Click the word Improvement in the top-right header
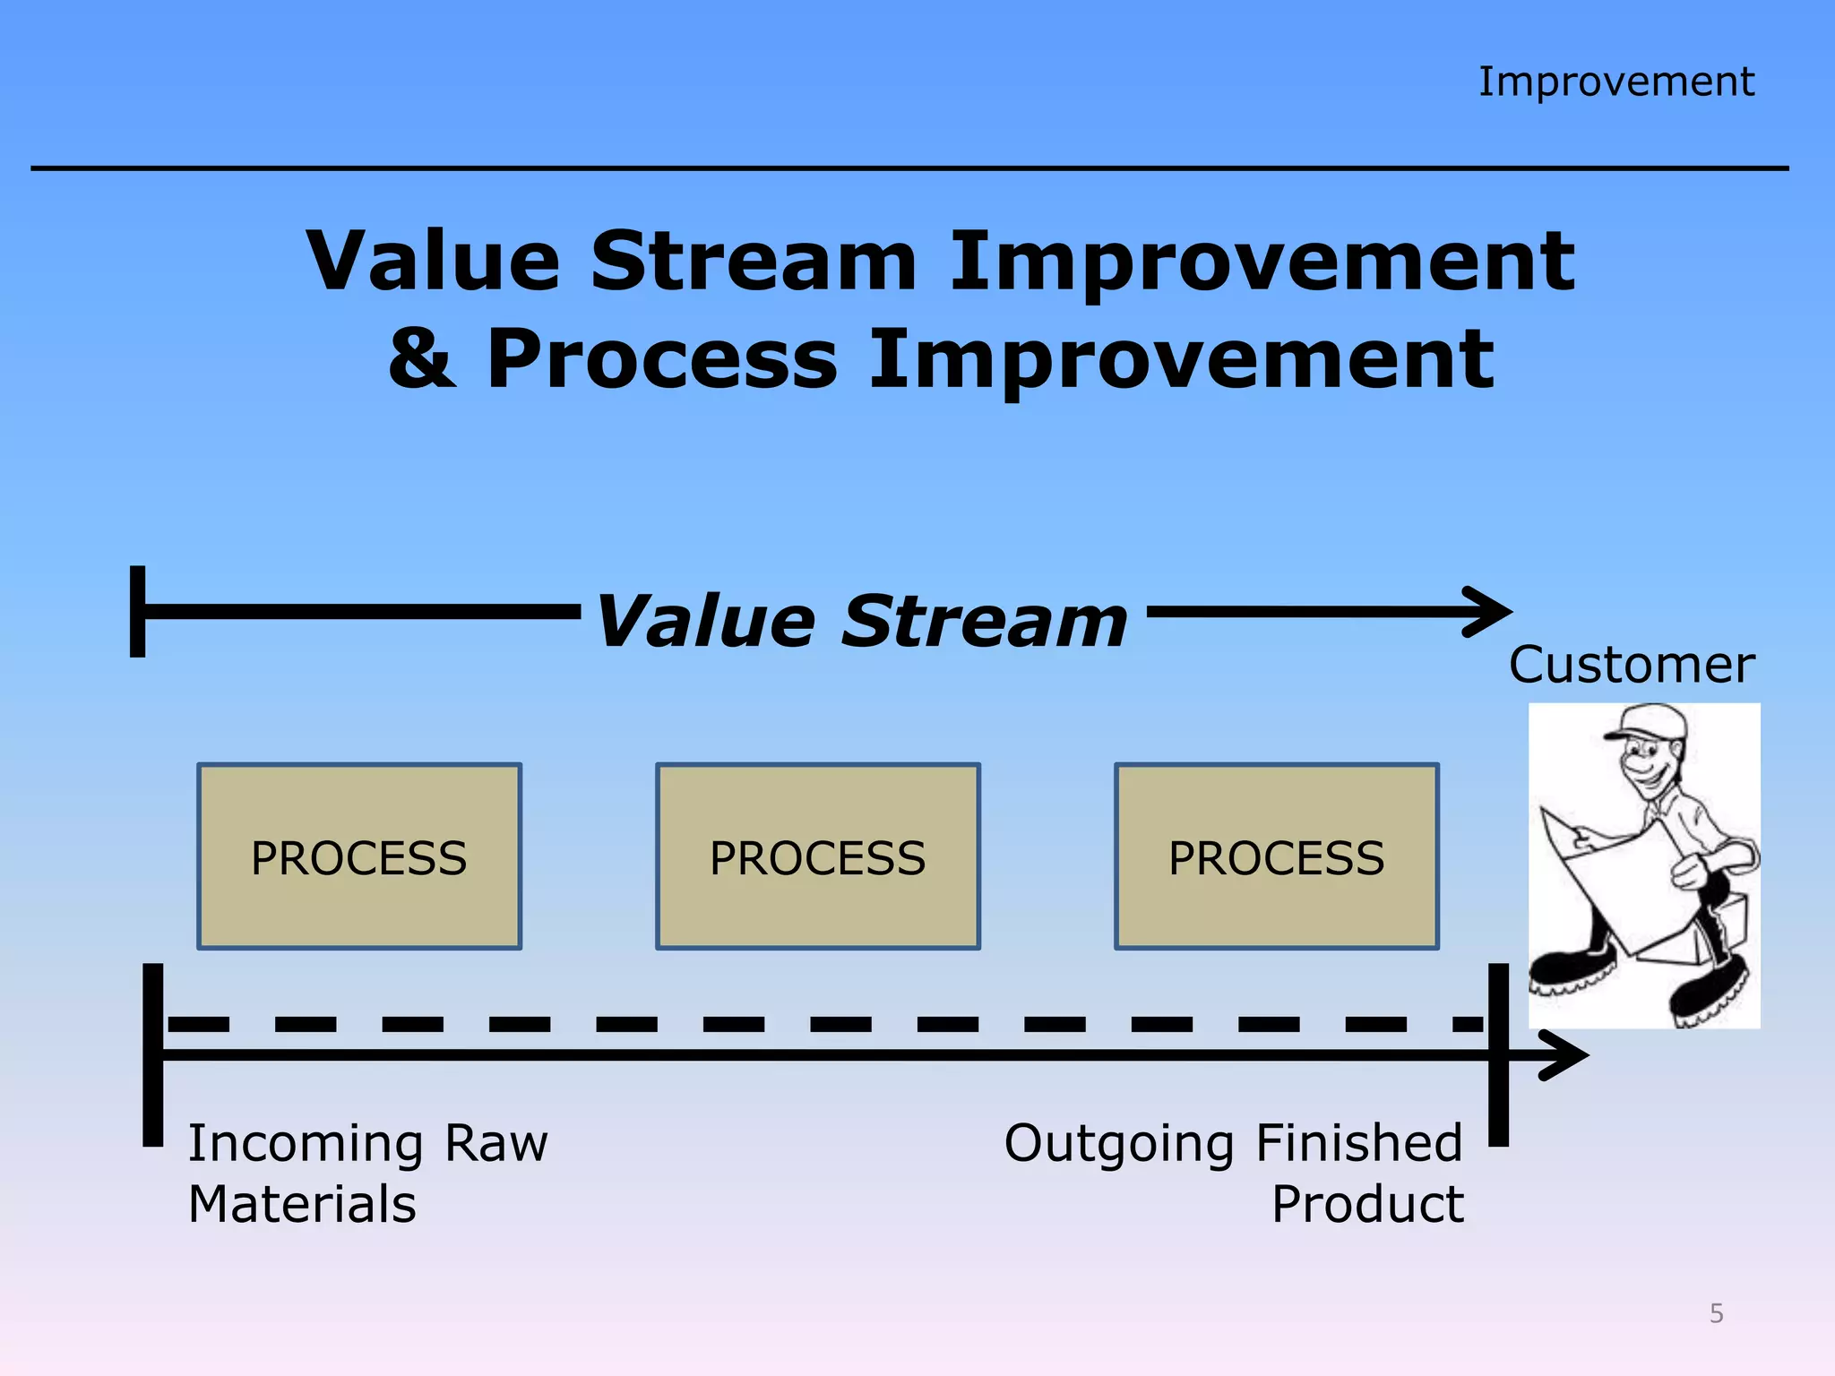(1615, 82)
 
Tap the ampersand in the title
(422, 358)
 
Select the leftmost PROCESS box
(359, 856)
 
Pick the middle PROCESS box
(817, 856)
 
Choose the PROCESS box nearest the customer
(1276, 856)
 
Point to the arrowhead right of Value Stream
(1489, 612)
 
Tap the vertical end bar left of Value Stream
(138, 612)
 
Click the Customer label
(1631, 665)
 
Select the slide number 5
(1716, 1313)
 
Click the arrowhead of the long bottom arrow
(1564, 1055)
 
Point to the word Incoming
(306, 1144)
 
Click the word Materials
(302, 1204)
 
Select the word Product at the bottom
(1367, 1204)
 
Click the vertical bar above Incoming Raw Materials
(153, 1054)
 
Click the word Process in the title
(662, 358)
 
